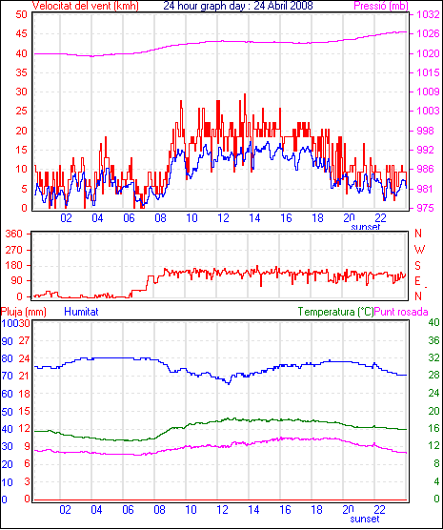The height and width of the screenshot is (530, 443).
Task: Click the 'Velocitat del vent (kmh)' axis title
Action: pyautogui.click(x=85, y=6)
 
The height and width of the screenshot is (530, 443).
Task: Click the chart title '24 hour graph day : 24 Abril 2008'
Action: pyautogui.click(x=238, y=6)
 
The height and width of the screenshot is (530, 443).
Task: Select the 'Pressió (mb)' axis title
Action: pyautogui.click(x=381, y=6)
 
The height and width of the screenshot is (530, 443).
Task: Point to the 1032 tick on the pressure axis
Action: pyautogui.click(x=428, y=14)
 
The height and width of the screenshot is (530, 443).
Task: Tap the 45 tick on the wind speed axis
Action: pyautogui.click(x=21, y=33)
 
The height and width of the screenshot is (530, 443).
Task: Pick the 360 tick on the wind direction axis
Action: pyautogui.click(x=14, y=234)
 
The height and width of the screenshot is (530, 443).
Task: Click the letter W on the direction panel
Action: pyautogui.click(x=419, y=250)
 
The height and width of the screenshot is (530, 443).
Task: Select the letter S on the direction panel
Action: pyautogui.click(x=417, y=266)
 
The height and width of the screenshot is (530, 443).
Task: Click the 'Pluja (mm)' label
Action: pyautogui.click(x=23, y=312)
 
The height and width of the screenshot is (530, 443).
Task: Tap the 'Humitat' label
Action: pyautogui.click(x=81, y=312)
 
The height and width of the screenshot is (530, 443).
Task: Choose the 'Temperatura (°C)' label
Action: pyautogui.click(x=336, y=312)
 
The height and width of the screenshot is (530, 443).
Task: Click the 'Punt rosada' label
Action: pyautogui.click(x=401, y=312)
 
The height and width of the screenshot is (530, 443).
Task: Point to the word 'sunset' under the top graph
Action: pyautogui.click(x=366, y=227)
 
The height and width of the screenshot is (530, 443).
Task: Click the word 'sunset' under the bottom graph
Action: pyautogui.click(x=365, y=519)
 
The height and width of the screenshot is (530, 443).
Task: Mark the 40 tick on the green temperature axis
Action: pyautogui.click(x=433, y=322)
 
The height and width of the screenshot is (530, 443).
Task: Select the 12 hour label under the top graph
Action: pyautogui.click(x=223, y=218)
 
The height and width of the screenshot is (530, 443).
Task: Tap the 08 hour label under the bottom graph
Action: pyautogui.click(x=159, y=509)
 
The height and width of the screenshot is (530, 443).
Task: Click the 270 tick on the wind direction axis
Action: pyautogui.click(x=14, y=250)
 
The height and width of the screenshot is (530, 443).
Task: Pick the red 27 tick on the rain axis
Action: pyautogui.click(x=24, y=340)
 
